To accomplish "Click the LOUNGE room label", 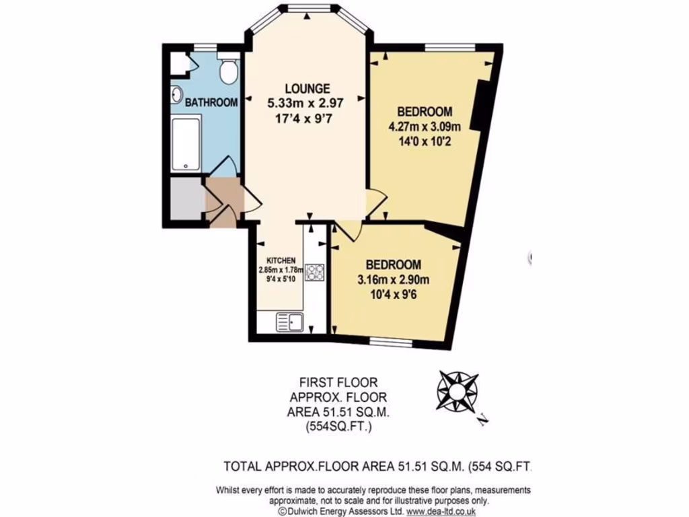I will pos(307,88).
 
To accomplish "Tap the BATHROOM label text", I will pos(211,103).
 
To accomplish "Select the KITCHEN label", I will pos(281,261).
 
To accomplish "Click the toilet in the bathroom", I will pos(230,71).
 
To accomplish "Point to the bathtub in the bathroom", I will pos(186,144).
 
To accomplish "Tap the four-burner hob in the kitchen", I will pos(314,272).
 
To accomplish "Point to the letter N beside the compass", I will pos(483,421).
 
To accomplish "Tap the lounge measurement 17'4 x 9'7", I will pos(307,118).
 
